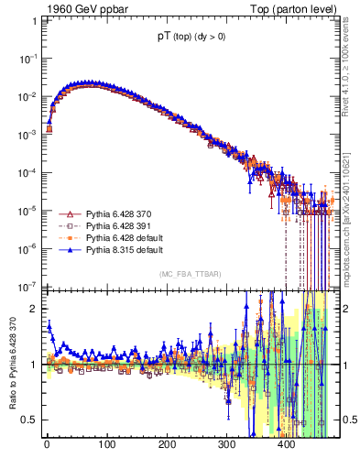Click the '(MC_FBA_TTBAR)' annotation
click(x=190, y=275)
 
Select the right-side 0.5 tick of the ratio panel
click(x=349, y=420)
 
